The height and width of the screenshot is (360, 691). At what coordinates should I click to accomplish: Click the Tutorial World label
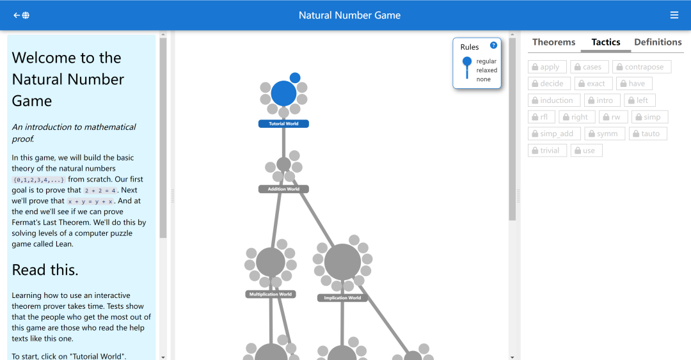(283, 124)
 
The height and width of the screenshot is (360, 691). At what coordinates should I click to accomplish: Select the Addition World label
(283, 189)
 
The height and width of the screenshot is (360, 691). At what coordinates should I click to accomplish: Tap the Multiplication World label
(271, 294)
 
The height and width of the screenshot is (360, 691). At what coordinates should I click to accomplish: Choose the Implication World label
(342, 298)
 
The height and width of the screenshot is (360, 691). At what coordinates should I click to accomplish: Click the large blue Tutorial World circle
(284, 93)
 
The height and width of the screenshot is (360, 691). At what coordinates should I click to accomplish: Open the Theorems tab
(554, 42)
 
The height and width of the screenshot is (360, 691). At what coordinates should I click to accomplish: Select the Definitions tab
(658, 42)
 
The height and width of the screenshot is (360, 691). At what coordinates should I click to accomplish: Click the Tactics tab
(606, 42)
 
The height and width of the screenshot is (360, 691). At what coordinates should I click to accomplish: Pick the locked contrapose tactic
(642, 67)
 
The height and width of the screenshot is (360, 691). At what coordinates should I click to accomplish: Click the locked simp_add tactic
(554, 134)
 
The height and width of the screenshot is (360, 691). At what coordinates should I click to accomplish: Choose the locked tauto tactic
(647, 134)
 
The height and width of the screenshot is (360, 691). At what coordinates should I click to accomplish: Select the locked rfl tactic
(542, 117)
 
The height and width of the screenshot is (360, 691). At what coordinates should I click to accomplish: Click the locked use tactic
(587, 150)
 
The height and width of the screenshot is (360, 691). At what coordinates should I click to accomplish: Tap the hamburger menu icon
(674, 15)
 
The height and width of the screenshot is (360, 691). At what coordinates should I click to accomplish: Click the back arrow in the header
(17, 15)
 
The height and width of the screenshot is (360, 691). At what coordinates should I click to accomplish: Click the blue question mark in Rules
(493, 45)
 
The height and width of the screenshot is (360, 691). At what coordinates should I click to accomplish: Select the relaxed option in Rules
(486, 70)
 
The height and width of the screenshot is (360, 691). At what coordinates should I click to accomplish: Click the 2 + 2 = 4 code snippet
(100, 191)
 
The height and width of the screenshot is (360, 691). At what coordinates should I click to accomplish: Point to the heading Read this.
(45, 270)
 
